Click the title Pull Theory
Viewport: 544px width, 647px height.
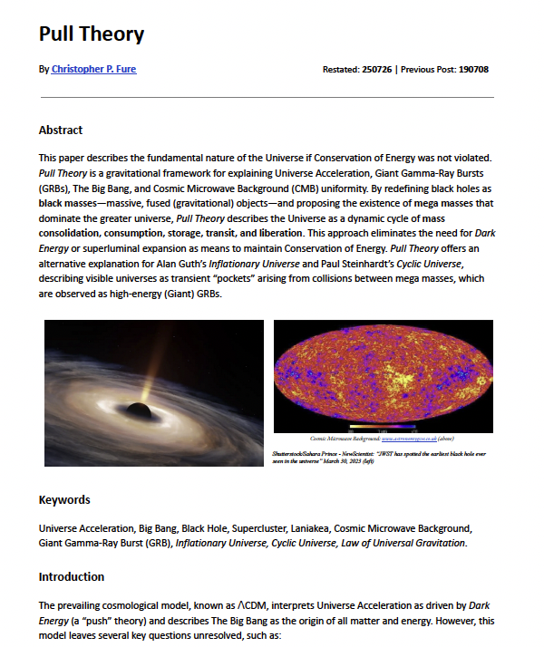[x=92, y=35]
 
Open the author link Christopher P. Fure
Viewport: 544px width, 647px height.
[x=93, y=69]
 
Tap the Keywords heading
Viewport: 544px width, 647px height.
[x=64, y=499]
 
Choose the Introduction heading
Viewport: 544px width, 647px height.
[x=72, y=576]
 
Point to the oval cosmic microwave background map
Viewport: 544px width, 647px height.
[x=383, y=373]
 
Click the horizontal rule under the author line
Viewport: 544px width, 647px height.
[x=267, y=97]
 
